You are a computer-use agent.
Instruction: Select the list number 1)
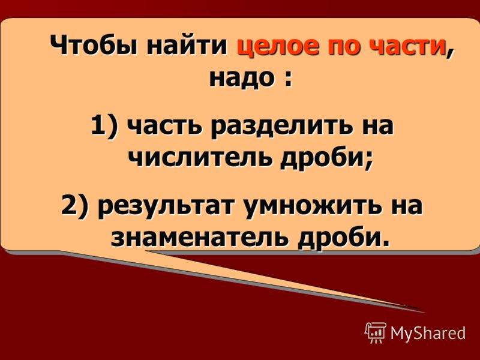104,125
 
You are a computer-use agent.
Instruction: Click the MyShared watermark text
428,332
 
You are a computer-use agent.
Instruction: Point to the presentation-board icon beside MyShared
376,332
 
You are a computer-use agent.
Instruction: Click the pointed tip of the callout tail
425,313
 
